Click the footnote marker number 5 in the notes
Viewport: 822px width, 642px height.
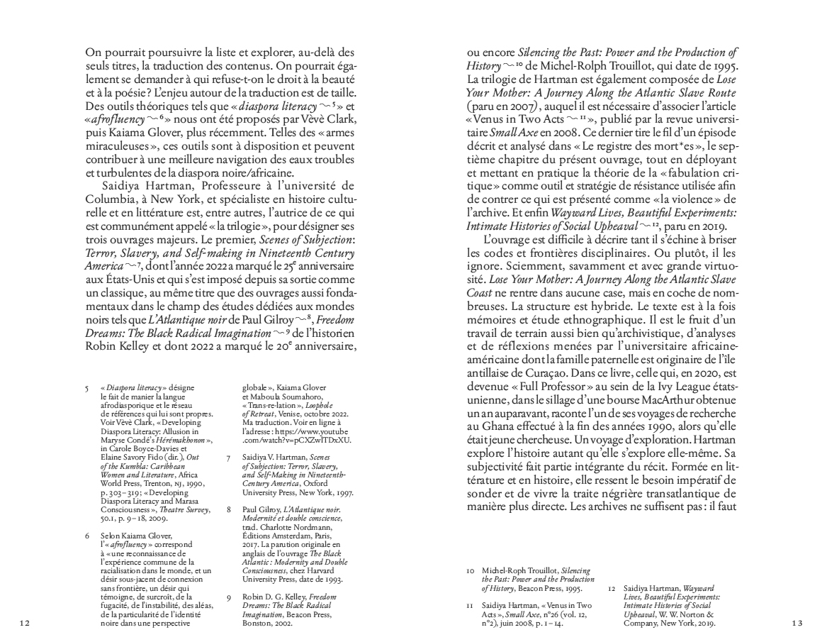click(87, 387)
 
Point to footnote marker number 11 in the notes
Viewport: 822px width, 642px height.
click(469, 604)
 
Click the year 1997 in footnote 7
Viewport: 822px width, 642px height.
click(339, 492)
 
